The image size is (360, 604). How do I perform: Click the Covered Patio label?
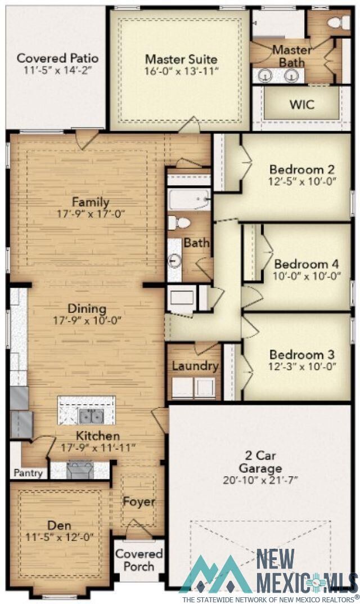pyautogui.click(x=58, y=58)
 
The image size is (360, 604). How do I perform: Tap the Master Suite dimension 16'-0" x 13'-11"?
pyautogui.click(x=181, y=71)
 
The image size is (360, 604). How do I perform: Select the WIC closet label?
pyautogui.click(x=301, y=105)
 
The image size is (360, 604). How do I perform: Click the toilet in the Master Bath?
pyautogui.click(x=336, y=23)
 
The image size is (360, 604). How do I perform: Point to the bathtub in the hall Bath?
pyautogui.click(x=189, y=200)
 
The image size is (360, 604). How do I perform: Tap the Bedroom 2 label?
pyautogui.click(x=298, y=169)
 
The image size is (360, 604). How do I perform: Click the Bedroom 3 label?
pyautogui.click(x=301, y=355)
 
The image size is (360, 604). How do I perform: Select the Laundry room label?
pyautogui.click(x=195, y=366)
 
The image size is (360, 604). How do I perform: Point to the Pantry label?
pyautogui.click(x=28, y=473)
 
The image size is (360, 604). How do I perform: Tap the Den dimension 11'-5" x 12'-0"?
pyautogui.click(x=59, y=537)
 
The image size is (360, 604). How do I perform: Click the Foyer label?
pyautogui.click(x=139, y=502)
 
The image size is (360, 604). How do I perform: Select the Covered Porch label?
pyautogui.click(x=139, y=560)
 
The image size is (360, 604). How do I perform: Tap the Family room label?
pyautogui.click(x=90, y=202)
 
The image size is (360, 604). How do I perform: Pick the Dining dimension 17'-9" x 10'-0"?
pyautogui.click(x=87, y=320)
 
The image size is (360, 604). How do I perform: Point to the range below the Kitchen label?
pyautogui.click(x=80, y=469)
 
